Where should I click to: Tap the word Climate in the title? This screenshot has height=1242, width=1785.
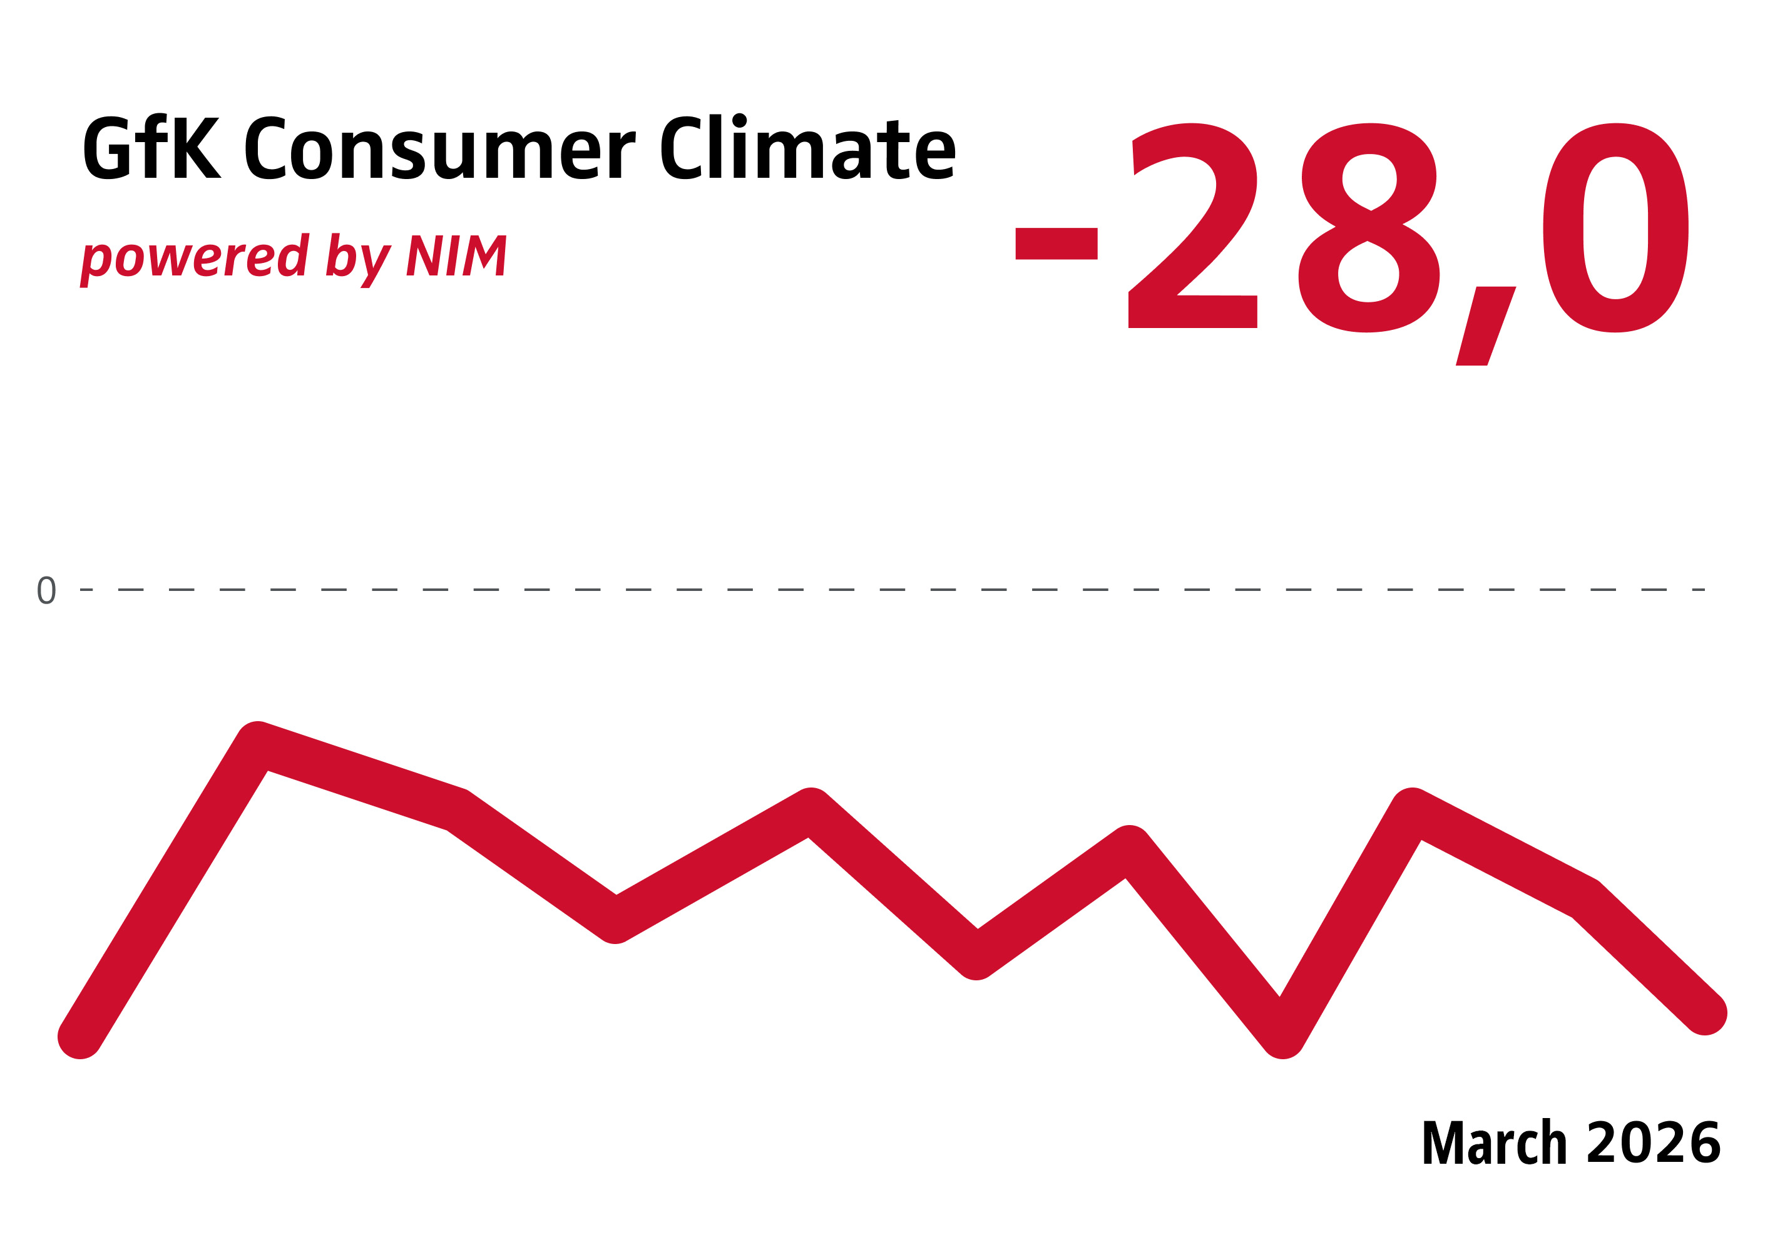[809, 148]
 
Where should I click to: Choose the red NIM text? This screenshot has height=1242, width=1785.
[456, 255]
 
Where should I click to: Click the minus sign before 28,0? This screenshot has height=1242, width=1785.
[1056, 244]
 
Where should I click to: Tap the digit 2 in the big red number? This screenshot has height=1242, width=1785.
[1192, 227]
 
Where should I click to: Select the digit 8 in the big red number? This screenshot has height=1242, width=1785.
[1368, 228]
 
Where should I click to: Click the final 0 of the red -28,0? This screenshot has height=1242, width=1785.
[1615, 228]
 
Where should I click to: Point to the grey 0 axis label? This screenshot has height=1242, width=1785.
[47, 590]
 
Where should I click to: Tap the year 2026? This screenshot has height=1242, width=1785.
[1653, 1143]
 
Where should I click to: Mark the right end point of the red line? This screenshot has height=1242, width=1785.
[1704, 1014]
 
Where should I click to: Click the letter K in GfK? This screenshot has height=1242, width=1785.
[198, 148]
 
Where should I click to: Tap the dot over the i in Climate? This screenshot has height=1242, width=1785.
[739, 120]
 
